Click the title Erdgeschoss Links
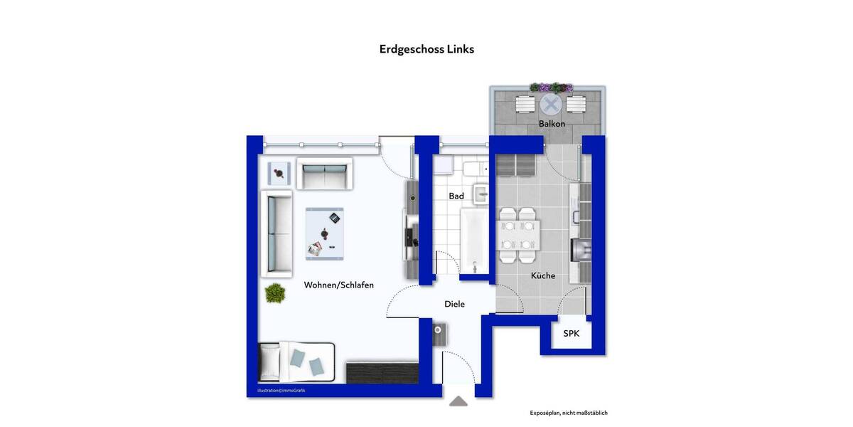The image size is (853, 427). click(x=426, y=49)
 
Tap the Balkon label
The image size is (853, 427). click(x=552, y=124)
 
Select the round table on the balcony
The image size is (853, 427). click(x=550, y=105)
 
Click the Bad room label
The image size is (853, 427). click(x=456, y=196)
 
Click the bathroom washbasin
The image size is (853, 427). click(x=481, y=193)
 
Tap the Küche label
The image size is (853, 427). click(x=543, y=275)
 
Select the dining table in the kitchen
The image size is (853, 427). click(x=517, y=236)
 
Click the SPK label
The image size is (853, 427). click(x=572, y=333)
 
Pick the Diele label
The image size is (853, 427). click(x=454, y=304)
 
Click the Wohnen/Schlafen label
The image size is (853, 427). click(x=339, y=285)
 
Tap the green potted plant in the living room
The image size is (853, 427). click(x=275, y=292)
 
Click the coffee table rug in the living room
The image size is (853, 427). click(x=325, y=233)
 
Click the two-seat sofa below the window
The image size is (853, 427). click(x=324, y=174)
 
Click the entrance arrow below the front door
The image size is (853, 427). click(x=458, y=401)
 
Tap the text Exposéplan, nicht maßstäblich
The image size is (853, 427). click(x=569, y=413)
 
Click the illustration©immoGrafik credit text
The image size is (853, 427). click(x=281, y=391)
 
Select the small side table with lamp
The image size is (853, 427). click(x=279, y=172)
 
